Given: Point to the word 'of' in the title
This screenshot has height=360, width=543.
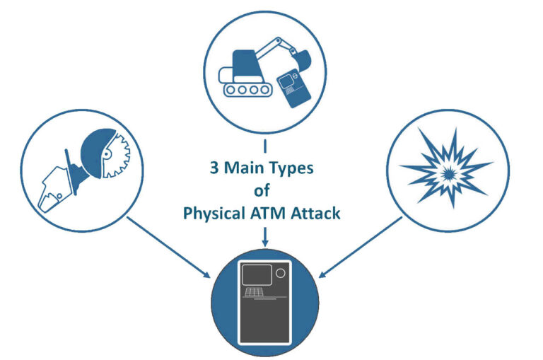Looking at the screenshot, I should click(262, 191).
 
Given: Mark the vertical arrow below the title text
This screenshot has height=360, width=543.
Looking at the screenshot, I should click(264, 237).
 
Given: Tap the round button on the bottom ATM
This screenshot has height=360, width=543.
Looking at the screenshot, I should click(281, 273).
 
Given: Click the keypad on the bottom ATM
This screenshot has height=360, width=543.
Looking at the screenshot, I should click(252, 293).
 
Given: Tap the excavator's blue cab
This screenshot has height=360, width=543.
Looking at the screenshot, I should click(244, 66).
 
